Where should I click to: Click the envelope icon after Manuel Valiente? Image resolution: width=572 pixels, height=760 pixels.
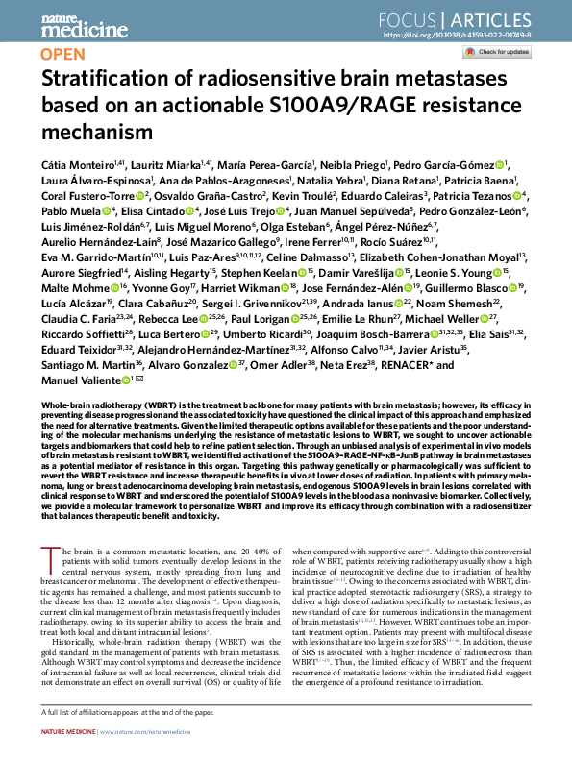[140, 407]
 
